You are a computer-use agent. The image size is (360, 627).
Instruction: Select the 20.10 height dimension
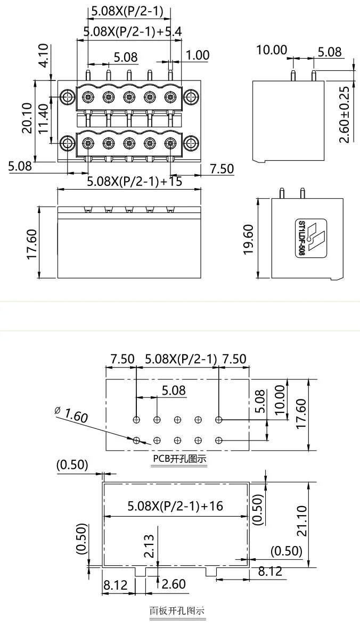28,118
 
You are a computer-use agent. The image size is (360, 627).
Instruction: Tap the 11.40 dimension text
44,118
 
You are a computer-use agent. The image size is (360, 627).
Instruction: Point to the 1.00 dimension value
198,55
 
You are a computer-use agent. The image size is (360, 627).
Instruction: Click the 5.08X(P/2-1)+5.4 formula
133,32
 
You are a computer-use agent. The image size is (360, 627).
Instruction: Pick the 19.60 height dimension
249,239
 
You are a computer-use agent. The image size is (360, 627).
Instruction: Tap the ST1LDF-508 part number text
301,238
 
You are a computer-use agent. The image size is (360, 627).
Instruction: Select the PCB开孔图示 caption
179,459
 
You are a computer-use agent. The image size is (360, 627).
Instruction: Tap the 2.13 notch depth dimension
150,546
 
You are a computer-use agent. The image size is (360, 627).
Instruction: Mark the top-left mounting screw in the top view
67,97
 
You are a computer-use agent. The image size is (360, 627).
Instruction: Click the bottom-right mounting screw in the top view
190,143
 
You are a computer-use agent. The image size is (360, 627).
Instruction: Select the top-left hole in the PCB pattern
137,420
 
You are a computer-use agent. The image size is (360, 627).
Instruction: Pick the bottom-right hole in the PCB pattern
218,440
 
